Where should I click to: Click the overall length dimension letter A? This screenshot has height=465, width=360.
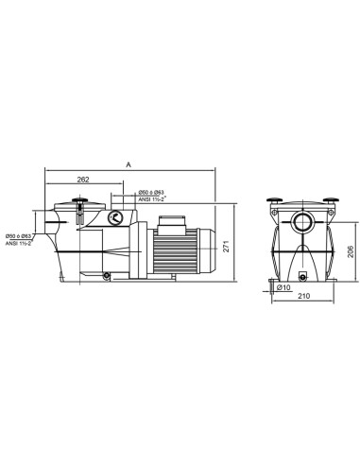[x=129, y=164]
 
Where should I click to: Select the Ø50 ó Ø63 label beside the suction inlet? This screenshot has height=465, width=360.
[x=20, y=235]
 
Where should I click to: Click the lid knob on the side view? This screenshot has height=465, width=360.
[x=78, y=200]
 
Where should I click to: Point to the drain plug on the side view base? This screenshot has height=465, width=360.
[x=107, y=276]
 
